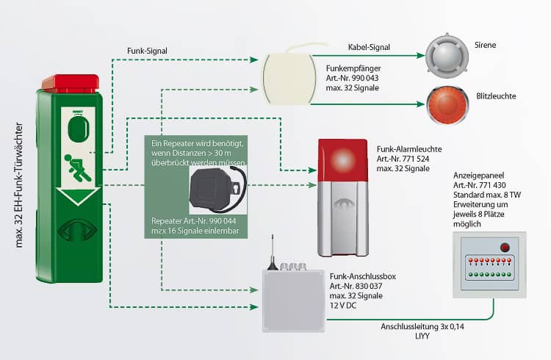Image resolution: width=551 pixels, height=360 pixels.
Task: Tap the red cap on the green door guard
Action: (x=70, y=82)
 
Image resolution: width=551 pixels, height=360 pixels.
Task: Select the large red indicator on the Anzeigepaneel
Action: (x=505, y=247)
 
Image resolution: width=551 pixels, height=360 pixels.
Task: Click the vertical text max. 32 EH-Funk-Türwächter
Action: (x=20, y=184)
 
